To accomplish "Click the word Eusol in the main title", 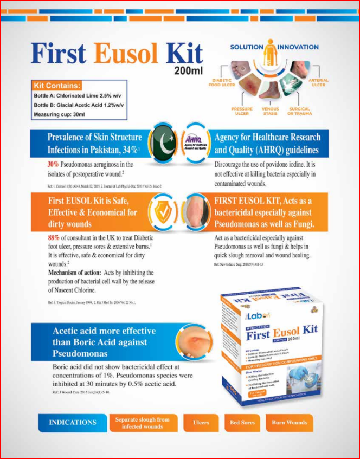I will tap(127, 53).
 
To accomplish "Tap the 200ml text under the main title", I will tap(188, 71).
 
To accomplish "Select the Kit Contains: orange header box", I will tap(57, 86).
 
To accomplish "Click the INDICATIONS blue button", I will tap(72, 422).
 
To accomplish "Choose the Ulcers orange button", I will tap(201, 422).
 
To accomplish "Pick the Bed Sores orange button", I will tap(241, 422).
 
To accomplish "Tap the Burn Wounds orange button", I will tap(289, 422).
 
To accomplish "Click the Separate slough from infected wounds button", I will tap(142, 423).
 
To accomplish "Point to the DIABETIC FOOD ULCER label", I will tap(222, 82).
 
